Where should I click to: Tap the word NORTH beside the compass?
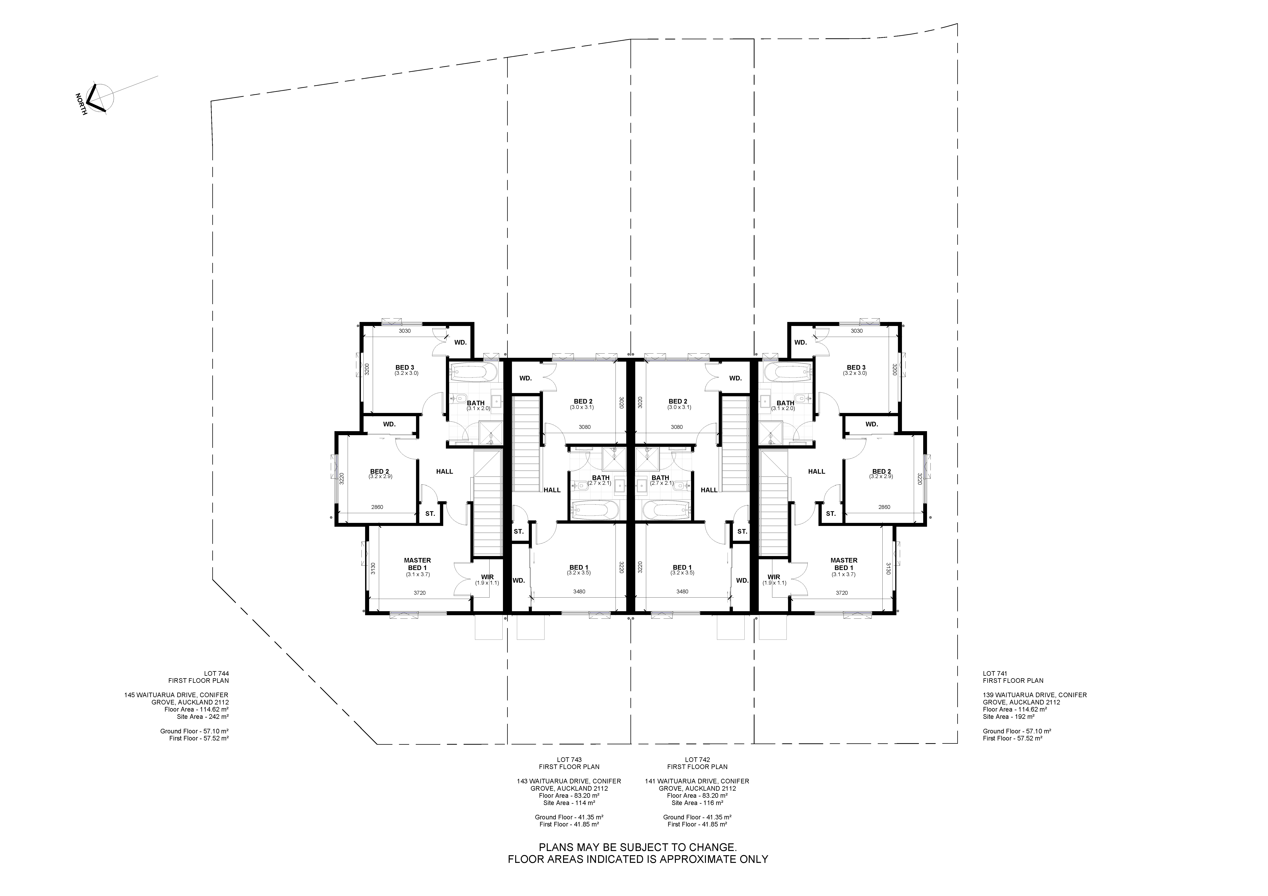81,104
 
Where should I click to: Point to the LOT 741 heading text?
995,673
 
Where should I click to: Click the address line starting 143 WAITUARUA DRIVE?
569,781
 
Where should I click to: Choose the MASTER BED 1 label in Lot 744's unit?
418,564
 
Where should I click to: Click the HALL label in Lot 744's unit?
445,471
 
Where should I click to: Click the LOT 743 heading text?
569,760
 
